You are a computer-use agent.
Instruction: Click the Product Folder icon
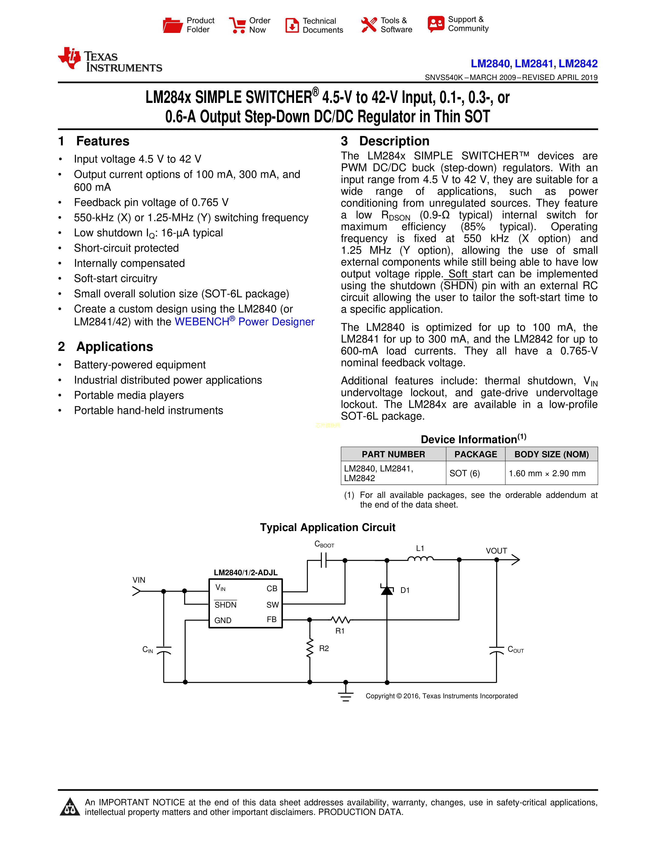(173, 25)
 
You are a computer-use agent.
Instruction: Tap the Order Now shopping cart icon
(237, 25)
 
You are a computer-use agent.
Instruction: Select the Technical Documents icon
(292, 25)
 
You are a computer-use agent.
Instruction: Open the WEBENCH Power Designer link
(244, 322)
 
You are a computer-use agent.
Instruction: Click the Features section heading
(103, 141)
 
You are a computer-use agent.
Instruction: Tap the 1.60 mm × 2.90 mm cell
(547, 473)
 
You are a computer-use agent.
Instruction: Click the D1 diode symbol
(387, 590)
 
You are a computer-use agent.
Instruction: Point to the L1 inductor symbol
(420, 559)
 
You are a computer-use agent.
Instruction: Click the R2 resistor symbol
(310, 648)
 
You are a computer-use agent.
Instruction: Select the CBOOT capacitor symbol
(324, 560)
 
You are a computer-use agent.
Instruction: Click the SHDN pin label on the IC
(225, 605)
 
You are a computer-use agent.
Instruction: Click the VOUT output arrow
(515, 560)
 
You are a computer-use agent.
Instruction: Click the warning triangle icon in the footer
(70, 807)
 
